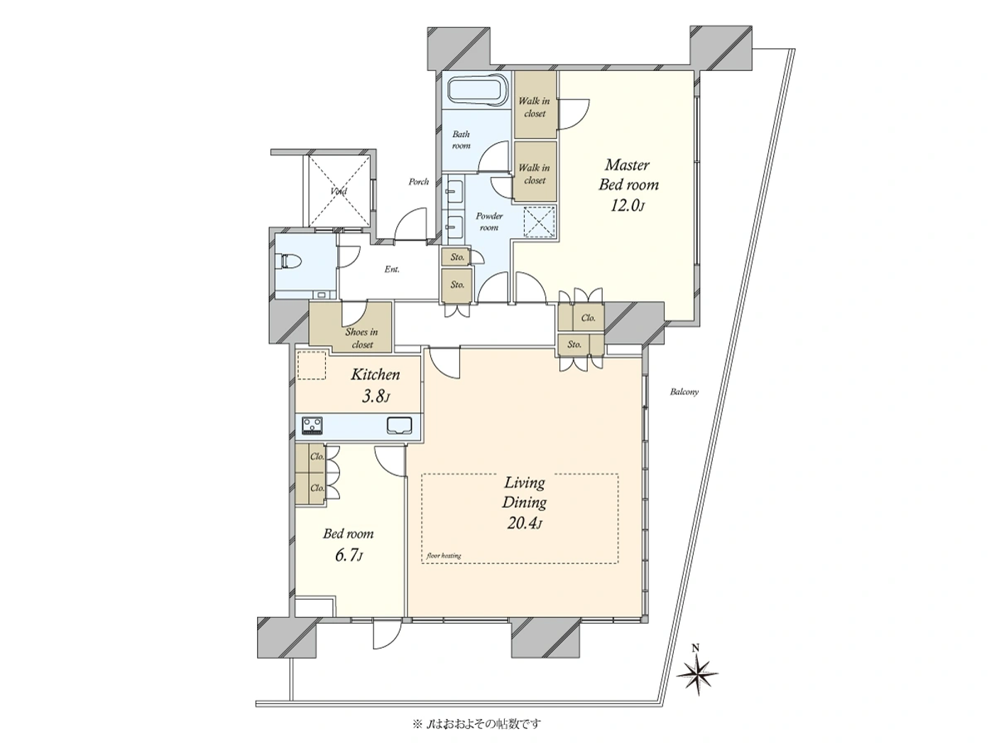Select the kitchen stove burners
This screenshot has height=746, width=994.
(312, 426)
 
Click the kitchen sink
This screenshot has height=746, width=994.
(400, 426)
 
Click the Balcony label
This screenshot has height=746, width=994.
(684, 391)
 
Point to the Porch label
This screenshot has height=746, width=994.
(419, 182)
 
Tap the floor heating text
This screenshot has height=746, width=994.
(444, 556)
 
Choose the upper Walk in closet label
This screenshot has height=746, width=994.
(534, 107)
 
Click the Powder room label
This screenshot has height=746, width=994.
(488, 222)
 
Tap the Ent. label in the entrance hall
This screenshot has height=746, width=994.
(391, 269)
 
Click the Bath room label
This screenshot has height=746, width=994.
(461, 139)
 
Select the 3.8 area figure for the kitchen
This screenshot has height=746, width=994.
(375, 396)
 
